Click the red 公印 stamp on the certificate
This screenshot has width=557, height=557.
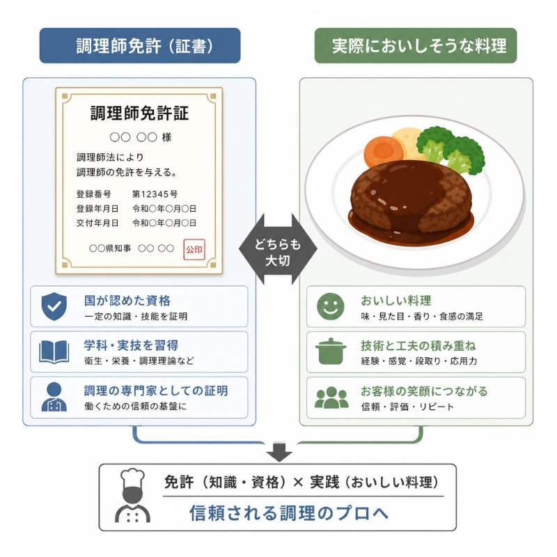(194, 249)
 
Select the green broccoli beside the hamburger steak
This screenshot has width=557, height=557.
(451, 149)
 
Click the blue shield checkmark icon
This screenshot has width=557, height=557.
(54, 306)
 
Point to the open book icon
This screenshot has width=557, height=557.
(54, 352)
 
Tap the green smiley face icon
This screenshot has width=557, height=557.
(330, 306)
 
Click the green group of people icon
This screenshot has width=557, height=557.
(331, 397)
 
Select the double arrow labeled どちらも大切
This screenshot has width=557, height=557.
(278, 249)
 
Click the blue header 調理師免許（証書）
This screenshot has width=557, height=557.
(140, 46)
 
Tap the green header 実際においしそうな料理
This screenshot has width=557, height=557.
(416, 46)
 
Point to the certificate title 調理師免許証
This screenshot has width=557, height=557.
(140, 113)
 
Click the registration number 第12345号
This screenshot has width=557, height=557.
(155, 194)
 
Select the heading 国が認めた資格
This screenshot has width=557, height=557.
(127, 301)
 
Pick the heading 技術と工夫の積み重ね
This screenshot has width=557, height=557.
(418, 345)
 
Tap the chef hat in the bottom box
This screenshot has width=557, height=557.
(133, 478)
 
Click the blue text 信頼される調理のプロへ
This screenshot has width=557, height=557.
(289, 513)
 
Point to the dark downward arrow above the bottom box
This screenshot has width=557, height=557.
(279, 452)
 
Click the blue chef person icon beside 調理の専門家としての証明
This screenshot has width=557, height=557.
(54, 397)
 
